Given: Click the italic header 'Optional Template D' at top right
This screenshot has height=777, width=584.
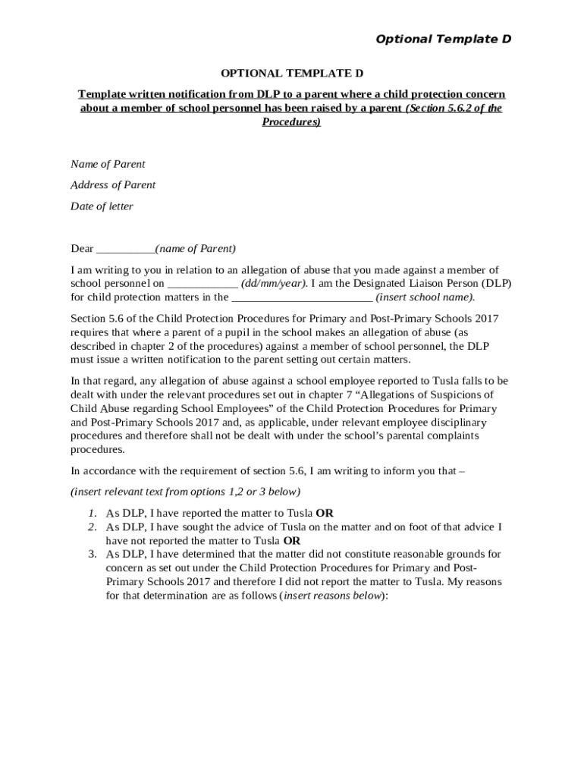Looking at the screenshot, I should [444, 39].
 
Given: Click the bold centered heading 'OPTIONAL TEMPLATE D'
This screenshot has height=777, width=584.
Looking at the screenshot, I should [292, 74].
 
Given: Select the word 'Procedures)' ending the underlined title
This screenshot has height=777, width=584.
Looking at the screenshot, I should [291, 121].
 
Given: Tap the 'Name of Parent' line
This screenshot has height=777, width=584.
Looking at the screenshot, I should [108, 164].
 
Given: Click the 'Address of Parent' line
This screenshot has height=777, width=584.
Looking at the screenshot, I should [113, 185].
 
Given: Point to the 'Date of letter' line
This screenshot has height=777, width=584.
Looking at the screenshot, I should [102, 206].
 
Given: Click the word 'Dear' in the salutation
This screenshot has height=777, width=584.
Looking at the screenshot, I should [82, 249].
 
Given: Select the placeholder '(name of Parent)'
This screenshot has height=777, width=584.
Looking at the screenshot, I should [195, 249].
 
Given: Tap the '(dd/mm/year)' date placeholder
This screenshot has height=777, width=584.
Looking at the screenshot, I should [274, 284].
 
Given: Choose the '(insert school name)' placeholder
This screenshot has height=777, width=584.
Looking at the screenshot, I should [425, 297].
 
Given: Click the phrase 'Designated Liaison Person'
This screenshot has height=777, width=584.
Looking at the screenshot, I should [418, 284].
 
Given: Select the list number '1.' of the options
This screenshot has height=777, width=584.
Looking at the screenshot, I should [91, 513].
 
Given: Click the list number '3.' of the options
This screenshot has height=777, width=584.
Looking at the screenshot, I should [91, 555].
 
